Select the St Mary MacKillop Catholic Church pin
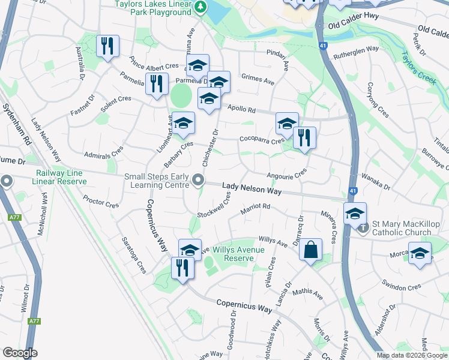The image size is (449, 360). point(362,228)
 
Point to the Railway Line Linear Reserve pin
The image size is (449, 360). point(7,180)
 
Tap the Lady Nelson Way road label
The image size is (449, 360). point(252,189)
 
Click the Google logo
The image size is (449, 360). point(20,353)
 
